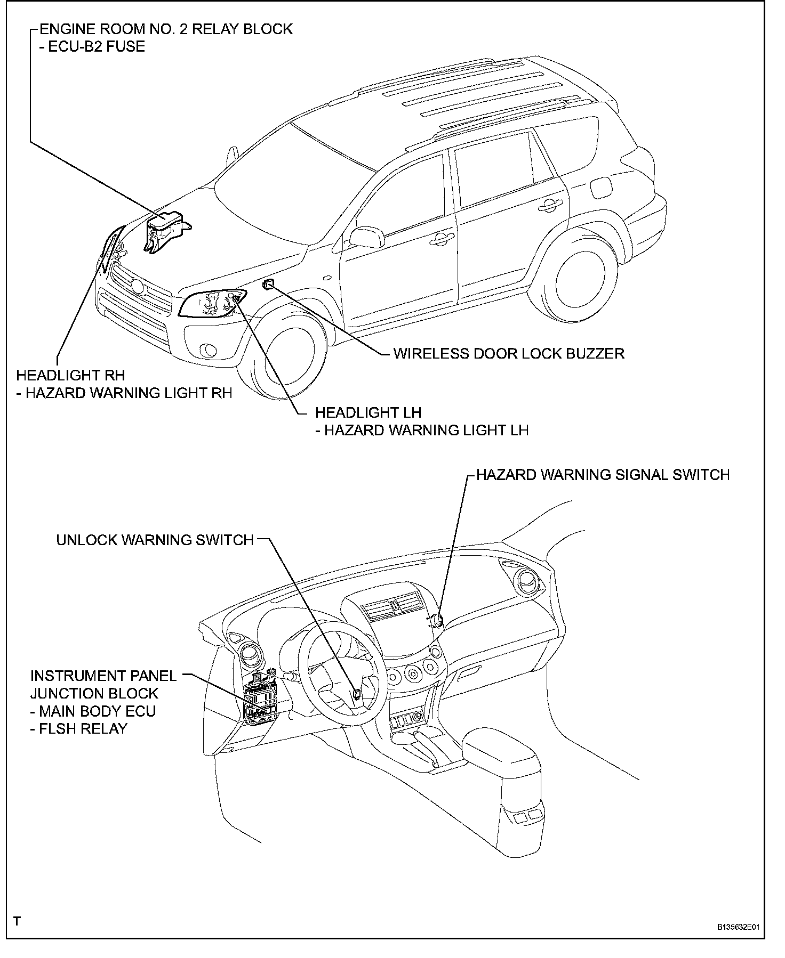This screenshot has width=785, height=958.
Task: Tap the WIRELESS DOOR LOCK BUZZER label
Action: (508, 353)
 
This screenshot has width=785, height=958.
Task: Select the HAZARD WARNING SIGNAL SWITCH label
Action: (603, 475)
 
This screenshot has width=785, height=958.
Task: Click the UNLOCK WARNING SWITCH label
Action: (155, 540)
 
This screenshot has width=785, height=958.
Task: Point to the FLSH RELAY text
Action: (83, 728)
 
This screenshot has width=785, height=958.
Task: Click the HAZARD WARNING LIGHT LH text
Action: (426, 430)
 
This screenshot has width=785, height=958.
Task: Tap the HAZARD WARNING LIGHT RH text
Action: (129, 393)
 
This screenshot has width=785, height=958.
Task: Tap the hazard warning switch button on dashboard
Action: (438, 619)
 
